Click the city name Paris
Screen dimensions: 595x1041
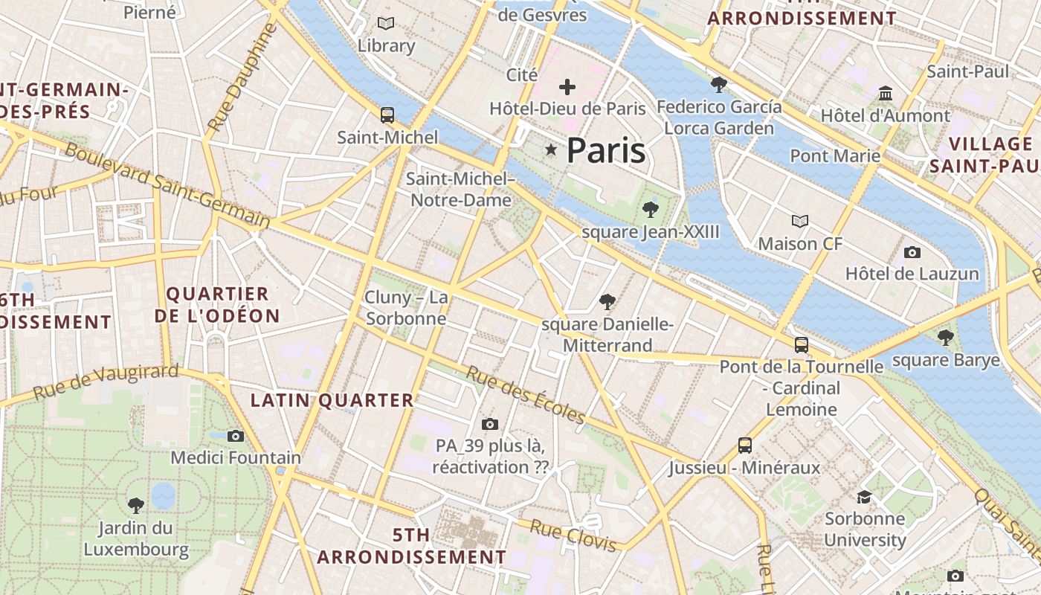pyautogui.click(x=605, y=151)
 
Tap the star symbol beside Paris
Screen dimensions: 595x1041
pyautogui.click(x=551, y=150)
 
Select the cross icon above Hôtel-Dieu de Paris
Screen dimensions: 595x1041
pyautogui.click(x=567, y=87)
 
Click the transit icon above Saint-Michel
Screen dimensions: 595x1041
pyautogui.click(x=387, y=115)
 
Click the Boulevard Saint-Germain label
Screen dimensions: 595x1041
pyautogui.click(x=168, y=184)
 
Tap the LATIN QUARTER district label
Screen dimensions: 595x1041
pyautogui.click(x=332, y=400)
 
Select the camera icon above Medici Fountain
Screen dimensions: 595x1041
pyautogui.click(x=236, y=436)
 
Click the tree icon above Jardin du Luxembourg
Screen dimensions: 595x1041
pyautogui.click(x=135, y=506)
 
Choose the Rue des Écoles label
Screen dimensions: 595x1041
pyautogui.click(x=526, y=394)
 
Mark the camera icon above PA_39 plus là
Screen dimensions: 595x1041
pyautogui.click(x=490, y=424)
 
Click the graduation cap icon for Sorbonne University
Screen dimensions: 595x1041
pyautogui.click(x=864, y=496)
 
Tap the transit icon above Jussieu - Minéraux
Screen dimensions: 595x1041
pyautogui.click(x=745, y=446)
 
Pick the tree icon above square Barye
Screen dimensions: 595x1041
pyautogui.click(x=946, y=338)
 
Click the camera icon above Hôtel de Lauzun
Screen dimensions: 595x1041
pyautogui.click(x=912, y=252)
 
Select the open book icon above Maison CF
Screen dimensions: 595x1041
pyautogui.click(x=800, y=222)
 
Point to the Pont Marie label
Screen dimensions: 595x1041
pyautogui.click(x=835, y=156)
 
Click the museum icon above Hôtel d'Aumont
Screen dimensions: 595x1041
pyautogui.click(x=886, y=94)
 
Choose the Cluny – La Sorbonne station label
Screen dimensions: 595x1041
pyautogui.click(x=407, y=308)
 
